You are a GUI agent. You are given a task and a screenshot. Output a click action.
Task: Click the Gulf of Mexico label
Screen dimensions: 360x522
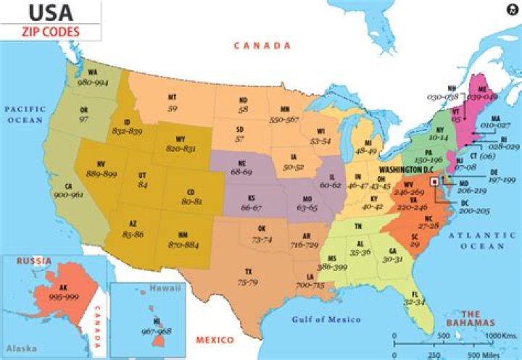click(x=326, y=319)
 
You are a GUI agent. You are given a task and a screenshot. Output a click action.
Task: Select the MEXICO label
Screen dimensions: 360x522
click(x=215, y=340)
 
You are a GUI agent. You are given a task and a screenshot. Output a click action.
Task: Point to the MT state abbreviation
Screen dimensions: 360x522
click(x=173, y=98)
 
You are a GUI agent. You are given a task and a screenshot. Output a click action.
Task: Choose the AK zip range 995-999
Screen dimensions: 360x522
click(x=57, y=297)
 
